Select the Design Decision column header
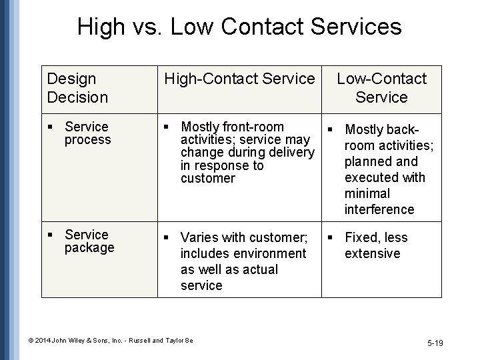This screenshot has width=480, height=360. tap(77, 88)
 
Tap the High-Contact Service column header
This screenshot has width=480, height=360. tap(239, 79)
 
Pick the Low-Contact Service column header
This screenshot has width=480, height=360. tap(381, 88)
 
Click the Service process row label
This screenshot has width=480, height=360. tap(87, 133)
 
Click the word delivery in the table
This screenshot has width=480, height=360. tap(289, 152)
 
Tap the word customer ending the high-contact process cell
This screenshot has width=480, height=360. tap(207, 178)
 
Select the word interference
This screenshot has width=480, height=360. tap(379, 209)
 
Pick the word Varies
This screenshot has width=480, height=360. tap(198, 237)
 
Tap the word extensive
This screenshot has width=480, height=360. tap(372, 253)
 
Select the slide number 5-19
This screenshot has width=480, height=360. tap(435, 343)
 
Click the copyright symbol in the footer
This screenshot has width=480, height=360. tap(31, 341)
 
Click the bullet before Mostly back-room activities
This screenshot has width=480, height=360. tap(328, 129)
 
